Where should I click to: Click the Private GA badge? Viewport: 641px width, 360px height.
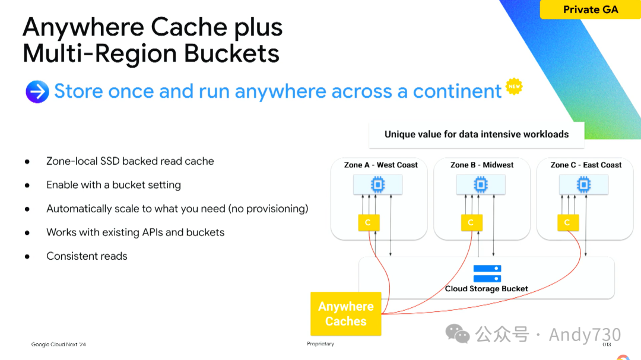[x=590, y=9]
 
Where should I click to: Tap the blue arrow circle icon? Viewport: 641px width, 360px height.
[x=37, y=92]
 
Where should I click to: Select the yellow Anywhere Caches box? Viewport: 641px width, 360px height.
[x=345, y=314]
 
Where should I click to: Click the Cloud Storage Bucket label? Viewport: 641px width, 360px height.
[x=487, y=289]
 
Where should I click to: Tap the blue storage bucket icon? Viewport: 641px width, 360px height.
[x=487, y=273]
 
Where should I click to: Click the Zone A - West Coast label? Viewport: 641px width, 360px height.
[x=380, y=165]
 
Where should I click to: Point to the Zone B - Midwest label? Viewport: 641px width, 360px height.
[x=482, y=165]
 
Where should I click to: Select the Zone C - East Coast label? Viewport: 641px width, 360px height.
[x=586, y=165]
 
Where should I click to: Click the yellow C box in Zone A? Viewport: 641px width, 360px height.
[x=369, y=222]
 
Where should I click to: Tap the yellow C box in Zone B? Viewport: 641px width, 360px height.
[x=471, y=222]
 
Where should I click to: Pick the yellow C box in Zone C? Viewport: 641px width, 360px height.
[x=567, y=222]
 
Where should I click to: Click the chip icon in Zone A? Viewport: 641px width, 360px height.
[x=378, y=185]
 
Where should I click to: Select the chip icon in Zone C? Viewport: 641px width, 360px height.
[x=584, y=185]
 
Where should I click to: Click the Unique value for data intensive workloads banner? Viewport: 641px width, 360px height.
[x=476, y=135]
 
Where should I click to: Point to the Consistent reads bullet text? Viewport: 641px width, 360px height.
[x=87, y=256]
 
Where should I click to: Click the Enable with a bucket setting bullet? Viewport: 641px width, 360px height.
[x=113, y=185]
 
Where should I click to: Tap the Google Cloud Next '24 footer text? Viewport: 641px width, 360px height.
[x=59, y=345]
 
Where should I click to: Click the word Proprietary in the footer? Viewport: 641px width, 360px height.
[x=320, y=344]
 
